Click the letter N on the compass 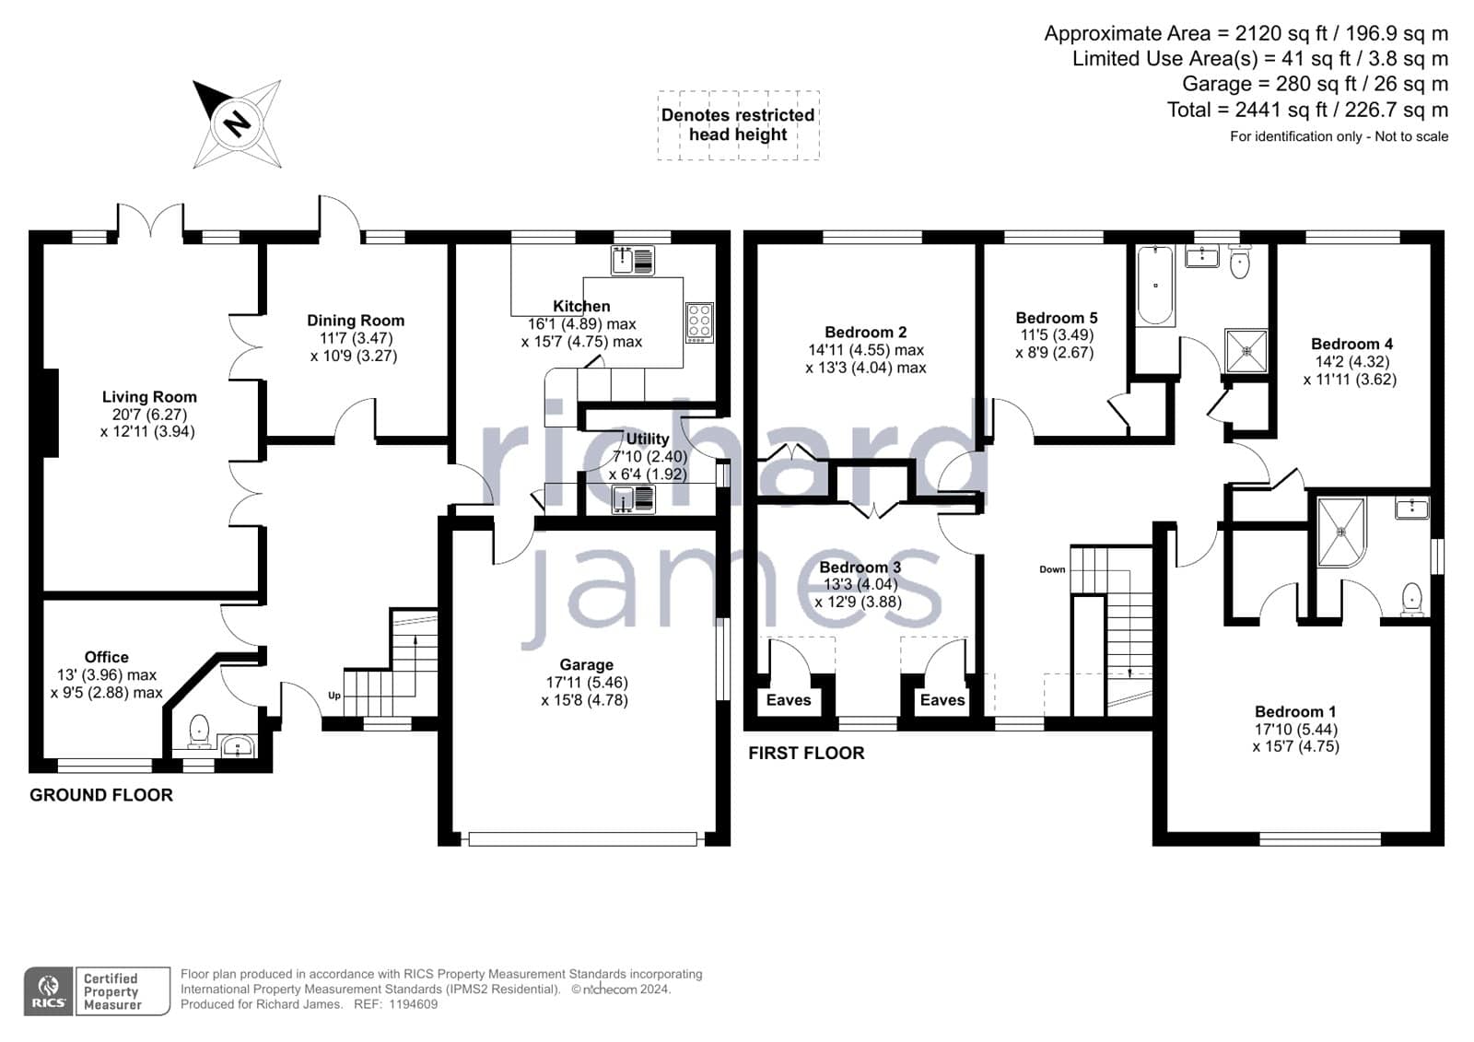click(236, 123)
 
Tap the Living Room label click(149, 397)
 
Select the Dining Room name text click(356, 321)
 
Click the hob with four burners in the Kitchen click(699, 322)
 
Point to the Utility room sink click(633, 499)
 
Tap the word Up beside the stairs click(334, 696)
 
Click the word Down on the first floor click(1052, 569)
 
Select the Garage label click(586, 665)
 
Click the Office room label click(107, 657)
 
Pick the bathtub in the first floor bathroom click(1155, 286)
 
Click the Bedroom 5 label click(1057, 318)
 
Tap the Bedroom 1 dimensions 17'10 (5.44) click(1295, 730)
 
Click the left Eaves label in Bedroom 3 click(789, 699)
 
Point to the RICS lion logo click(48, 990)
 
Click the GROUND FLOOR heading click(101, 795)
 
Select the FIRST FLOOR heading click(806, 753)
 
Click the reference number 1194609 click(414, 1004)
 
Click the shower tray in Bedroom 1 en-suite click(1341, 532)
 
